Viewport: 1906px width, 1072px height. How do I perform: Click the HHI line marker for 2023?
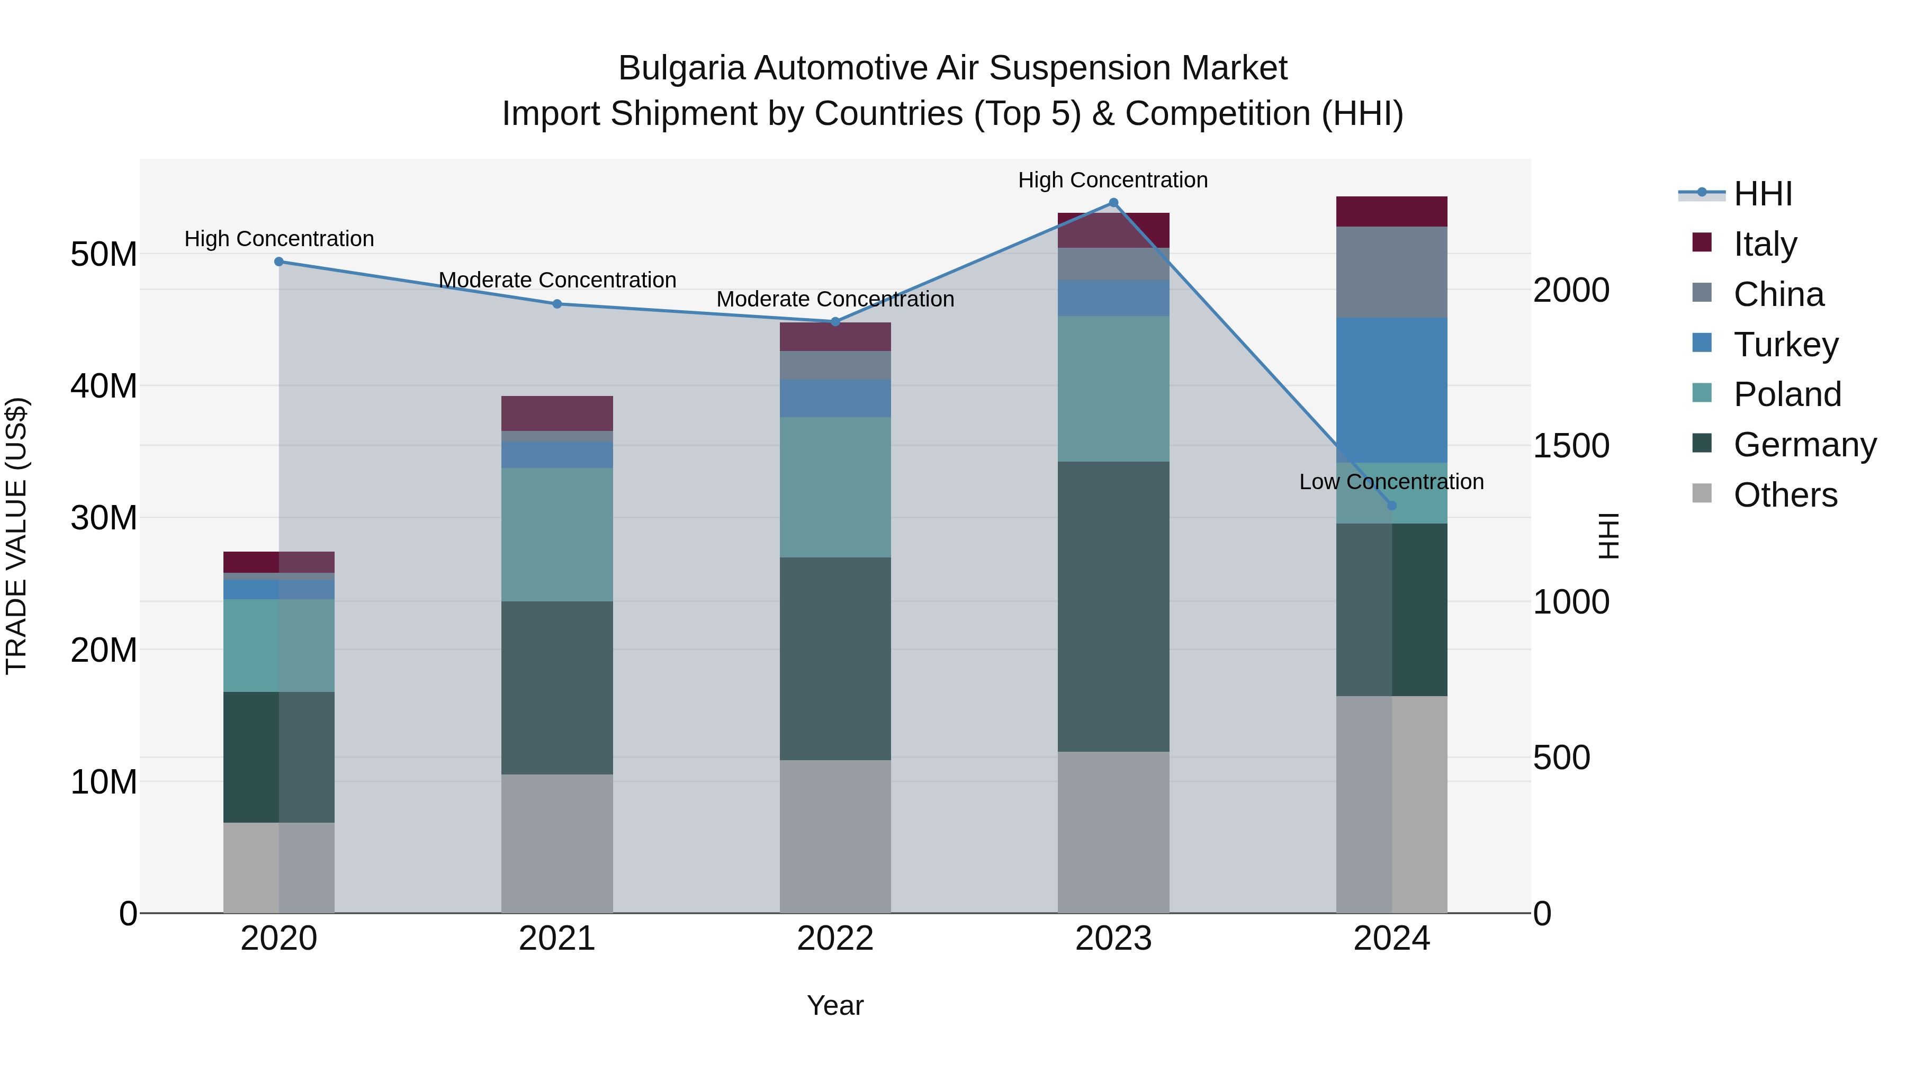[1113, 203]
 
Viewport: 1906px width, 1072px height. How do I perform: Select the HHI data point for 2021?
[557, 304]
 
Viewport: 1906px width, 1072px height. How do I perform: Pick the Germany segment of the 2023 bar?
[1113, 607]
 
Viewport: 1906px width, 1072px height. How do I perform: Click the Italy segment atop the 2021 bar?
[557, 413]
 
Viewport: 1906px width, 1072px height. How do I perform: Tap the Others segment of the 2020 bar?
[279, 867]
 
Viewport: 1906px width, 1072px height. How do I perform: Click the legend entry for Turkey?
[1785, 345]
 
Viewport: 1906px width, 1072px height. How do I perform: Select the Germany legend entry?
[1805, 445]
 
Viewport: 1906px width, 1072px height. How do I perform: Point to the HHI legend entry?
[1763, 194]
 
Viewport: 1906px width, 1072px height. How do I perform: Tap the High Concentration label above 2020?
[279, 239]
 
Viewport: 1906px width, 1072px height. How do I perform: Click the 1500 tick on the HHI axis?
[1570, 446]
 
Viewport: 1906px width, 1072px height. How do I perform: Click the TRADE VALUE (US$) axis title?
[16, 536]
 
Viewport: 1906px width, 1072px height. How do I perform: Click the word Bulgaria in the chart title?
[681, 68]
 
